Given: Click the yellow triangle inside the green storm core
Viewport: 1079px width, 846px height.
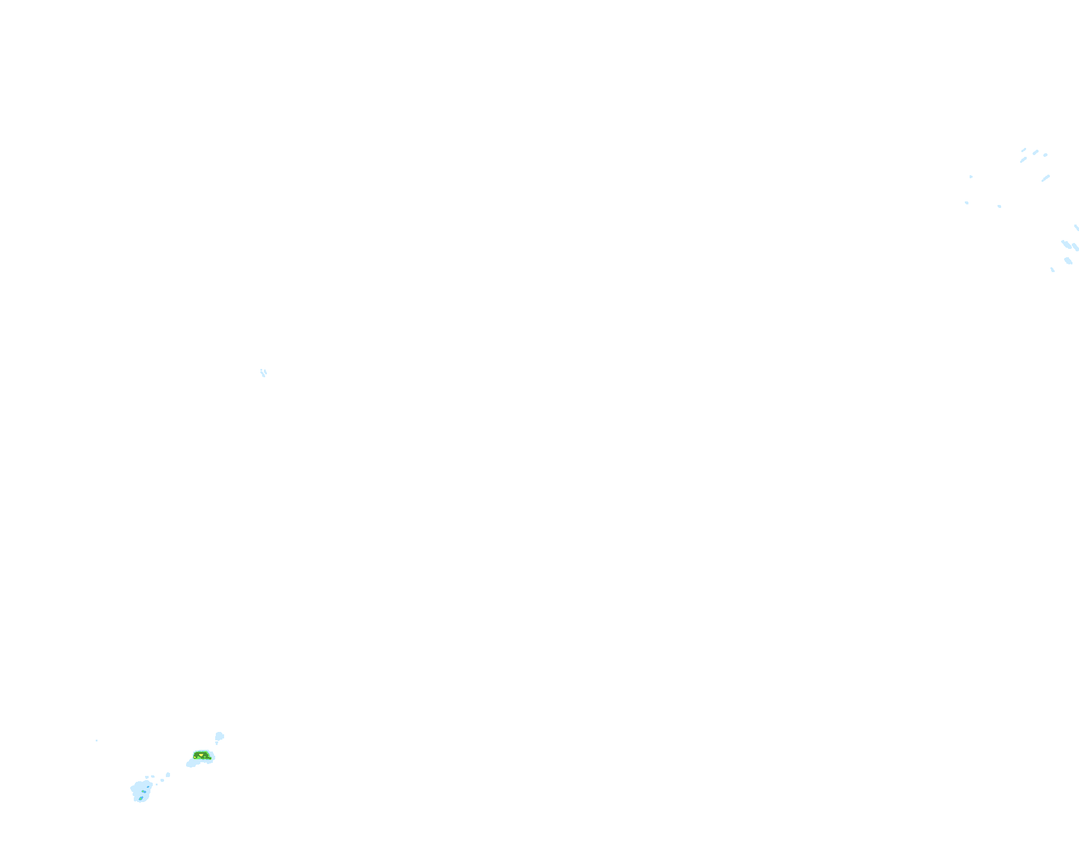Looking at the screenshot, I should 201,755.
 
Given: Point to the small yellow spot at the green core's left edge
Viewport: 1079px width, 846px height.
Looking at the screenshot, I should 195,757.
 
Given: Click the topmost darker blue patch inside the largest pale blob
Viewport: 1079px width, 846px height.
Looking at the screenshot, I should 148,787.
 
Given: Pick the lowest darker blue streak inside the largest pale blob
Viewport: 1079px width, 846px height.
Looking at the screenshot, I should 140,798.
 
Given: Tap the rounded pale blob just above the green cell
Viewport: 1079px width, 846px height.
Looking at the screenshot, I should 219,737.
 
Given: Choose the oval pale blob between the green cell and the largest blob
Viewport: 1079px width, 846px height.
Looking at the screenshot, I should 168,775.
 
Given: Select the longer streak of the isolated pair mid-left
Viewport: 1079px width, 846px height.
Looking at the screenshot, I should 263,374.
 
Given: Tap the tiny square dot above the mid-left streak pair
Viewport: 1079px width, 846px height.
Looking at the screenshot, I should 261,370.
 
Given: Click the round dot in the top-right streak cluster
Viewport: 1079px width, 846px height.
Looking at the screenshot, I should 1045,155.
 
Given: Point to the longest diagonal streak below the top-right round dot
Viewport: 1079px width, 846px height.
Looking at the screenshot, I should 1046,178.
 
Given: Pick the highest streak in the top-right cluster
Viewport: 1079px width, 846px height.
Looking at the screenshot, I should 1024,150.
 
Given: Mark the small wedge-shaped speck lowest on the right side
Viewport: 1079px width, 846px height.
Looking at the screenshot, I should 1053,270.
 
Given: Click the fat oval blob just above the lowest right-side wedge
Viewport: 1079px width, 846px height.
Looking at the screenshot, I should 1068,261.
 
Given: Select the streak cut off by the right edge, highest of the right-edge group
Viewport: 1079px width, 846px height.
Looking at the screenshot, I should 1077,228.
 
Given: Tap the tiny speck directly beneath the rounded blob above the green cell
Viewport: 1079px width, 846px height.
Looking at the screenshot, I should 216,743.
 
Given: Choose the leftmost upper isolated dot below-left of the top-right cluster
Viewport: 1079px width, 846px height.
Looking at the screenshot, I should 971,176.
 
